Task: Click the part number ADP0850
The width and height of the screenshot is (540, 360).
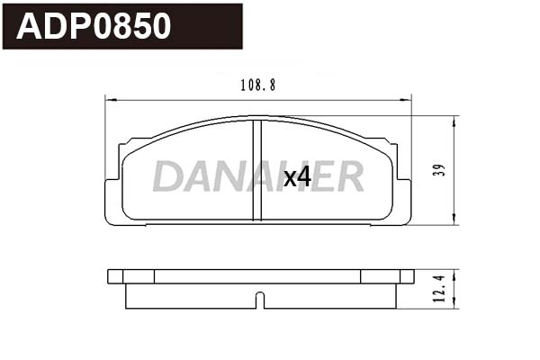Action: click(94, 27)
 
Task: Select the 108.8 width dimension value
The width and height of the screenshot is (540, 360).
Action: click(258, 85)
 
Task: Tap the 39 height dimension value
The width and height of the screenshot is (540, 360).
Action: click(438, 170)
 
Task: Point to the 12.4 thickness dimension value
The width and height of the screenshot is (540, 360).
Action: click(438, 289)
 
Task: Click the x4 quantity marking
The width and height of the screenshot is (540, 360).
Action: click(297, 177)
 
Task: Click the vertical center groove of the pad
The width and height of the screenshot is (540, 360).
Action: click(257, 171)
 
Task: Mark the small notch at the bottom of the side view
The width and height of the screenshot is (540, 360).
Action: click(259, 299)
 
